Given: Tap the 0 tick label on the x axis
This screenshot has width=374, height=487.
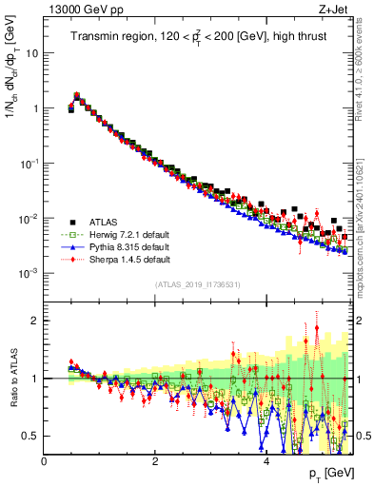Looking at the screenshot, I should [44, 461].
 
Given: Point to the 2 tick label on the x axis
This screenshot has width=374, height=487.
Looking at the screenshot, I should [155, 461].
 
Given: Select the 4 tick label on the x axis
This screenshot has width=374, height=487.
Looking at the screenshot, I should [266, 461].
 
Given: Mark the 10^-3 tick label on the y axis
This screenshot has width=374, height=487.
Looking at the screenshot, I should [30, 273].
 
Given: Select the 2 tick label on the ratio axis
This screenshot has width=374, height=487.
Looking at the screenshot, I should [36, 321].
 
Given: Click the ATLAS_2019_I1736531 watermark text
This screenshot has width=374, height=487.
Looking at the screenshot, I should [197, 284].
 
